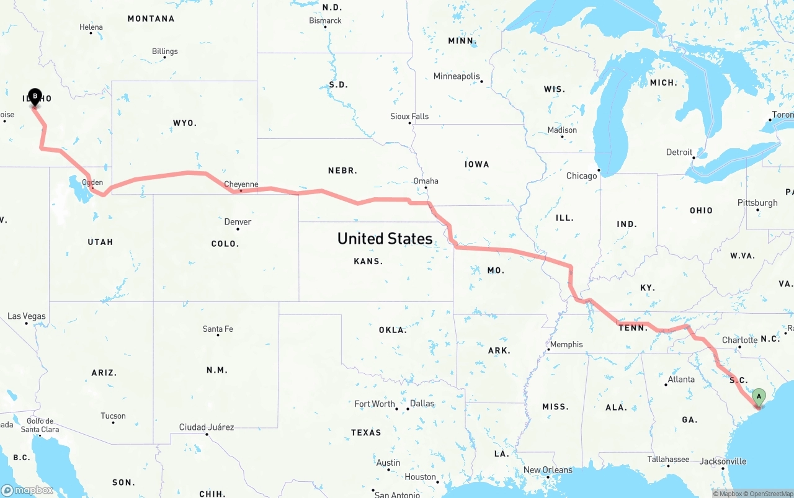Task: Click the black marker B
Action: (x=35, y=97)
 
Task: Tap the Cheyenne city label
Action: (x=241, y=184)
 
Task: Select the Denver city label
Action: (x=238, y=222)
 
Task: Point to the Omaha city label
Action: (x=426, y=181)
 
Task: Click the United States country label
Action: (x=385, y=239)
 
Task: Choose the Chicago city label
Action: (x=581, y=176)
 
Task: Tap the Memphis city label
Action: (x=566, y=344)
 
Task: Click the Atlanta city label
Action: (x=681, y=380)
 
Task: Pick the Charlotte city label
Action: (x=739, y=340)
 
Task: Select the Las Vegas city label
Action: (x=27, y=316)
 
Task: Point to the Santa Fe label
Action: (x=218, y=329)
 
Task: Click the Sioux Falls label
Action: (x=409, y=116)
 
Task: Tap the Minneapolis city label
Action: (x=457, y=76)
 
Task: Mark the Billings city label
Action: (x=164, y=51)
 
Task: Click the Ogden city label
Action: (x=92, y=182)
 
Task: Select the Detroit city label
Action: (x=679, y=152)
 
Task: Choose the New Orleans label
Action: (x=548, y=470)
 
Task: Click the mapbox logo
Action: (x=27, y=490)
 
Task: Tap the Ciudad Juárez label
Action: (x=207, y=427)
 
